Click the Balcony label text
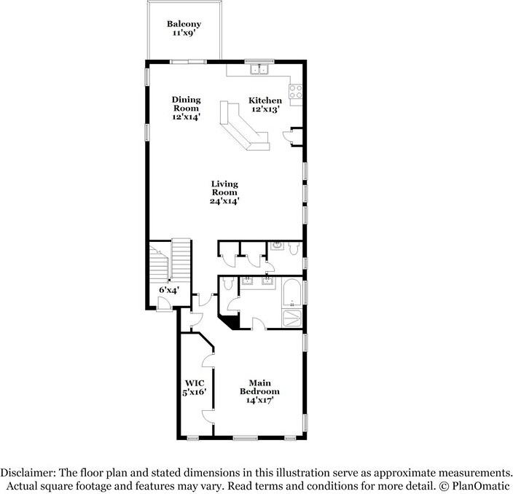[x=184, y=24]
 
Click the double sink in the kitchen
[x=259, y=71]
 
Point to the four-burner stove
[x=297, y=92]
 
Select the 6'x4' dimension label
[x=168, y=290]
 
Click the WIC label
[x=193, y=383]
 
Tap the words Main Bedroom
[x=260, y=387]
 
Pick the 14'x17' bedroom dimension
[x=260, y=400]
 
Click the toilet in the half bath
[x=291, y=250]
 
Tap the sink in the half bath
[x=277, y=247]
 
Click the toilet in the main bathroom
[x=227, y=284]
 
